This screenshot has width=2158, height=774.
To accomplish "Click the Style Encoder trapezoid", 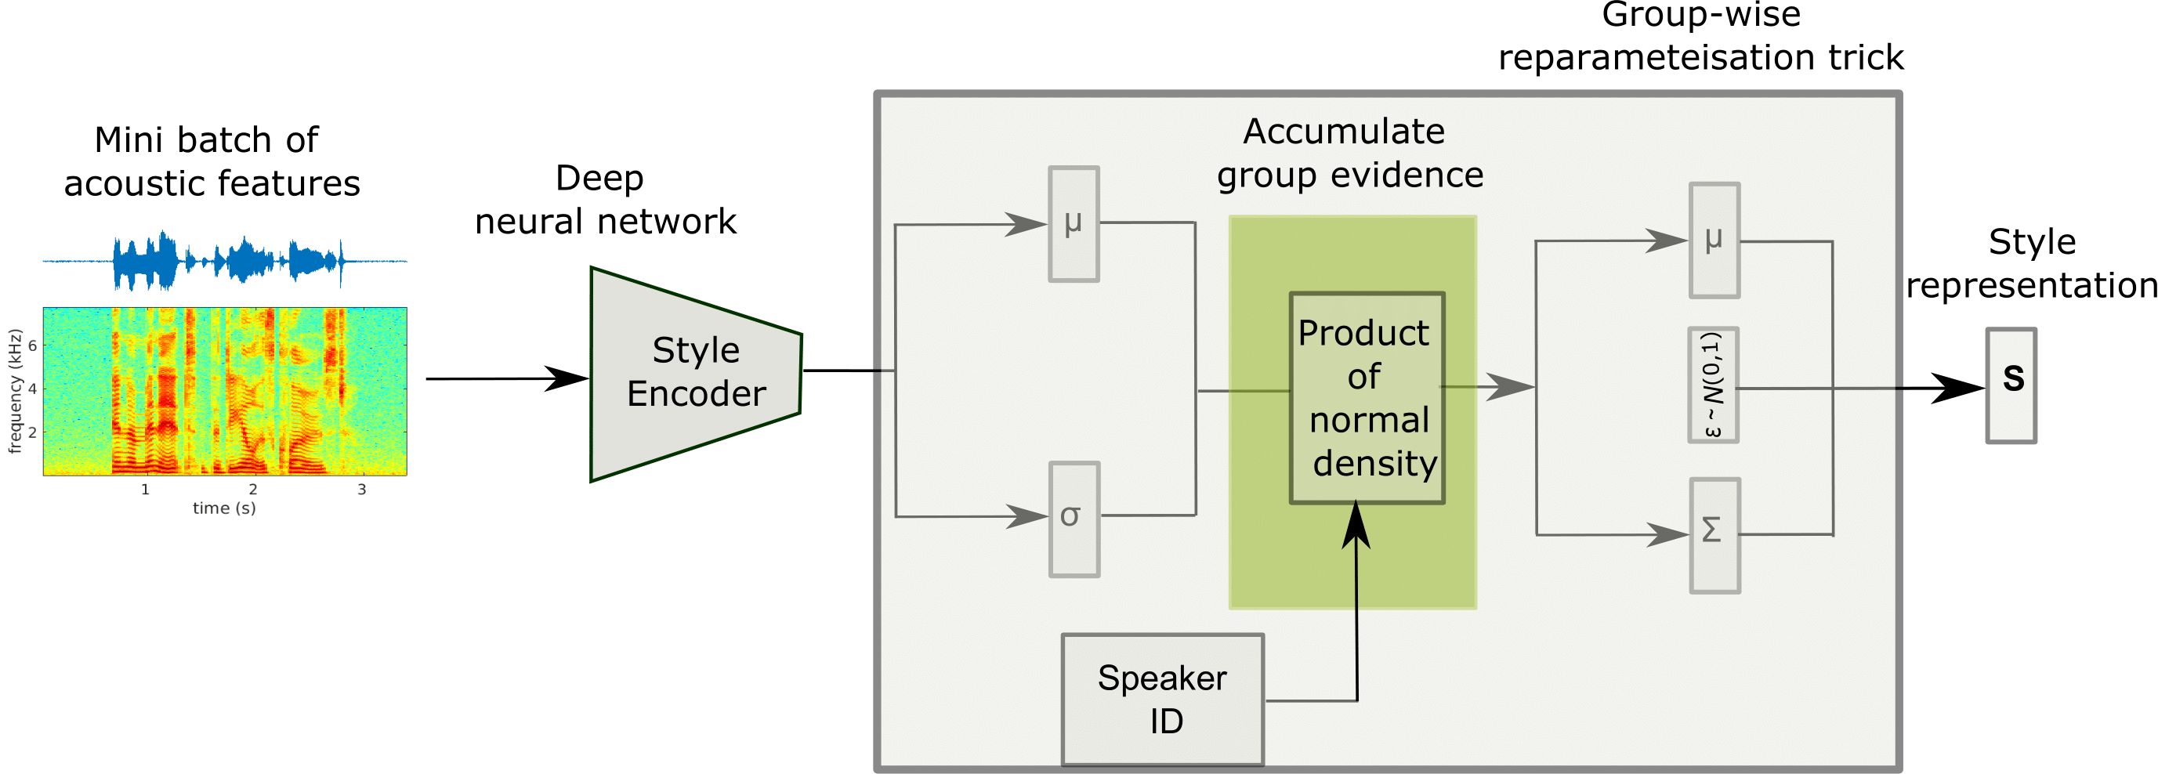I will click(x=695, y=373).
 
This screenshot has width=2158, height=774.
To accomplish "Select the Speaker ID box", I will click(x=1162, y=699).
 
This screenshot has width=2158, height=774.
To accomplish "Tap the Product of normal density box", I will click(x=1367, y=398).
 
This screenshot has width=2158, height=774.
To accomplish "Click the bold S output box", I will click(x=2011, y=385).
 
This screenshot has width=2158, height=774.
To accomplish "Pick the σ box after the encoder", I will click(x=1074, y=519).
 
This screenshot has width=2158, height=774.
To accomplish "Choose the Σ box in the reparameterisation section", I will click(x=1714, y=535).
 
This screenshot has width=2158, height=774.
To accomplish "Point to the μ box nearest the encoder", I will click(x=1074, y=223).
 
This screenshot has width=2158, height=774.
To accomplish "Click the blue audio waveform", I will click(x=226, y=262).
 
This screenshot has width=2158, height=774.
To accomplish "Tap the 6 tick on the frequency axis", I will click(x=33, y=345).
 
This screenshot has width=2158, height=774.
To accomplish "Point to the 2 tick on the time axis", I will click(x=253, y=489).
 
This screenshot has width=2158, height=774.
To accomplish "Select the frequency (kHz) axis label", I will click(x=14, y=391).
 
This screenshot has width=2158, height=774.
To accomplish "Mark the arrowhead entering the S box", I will click(x=1961, y=388).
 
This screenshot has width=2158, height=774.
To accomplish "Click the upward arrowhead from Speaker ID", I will click(x=1356, y=523).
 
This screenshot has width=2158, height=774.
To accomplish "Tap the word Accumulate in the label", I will click(x=1344, y=132).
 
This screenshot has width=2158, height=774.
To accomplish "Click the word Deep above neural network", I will click(x=599, y=179).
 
